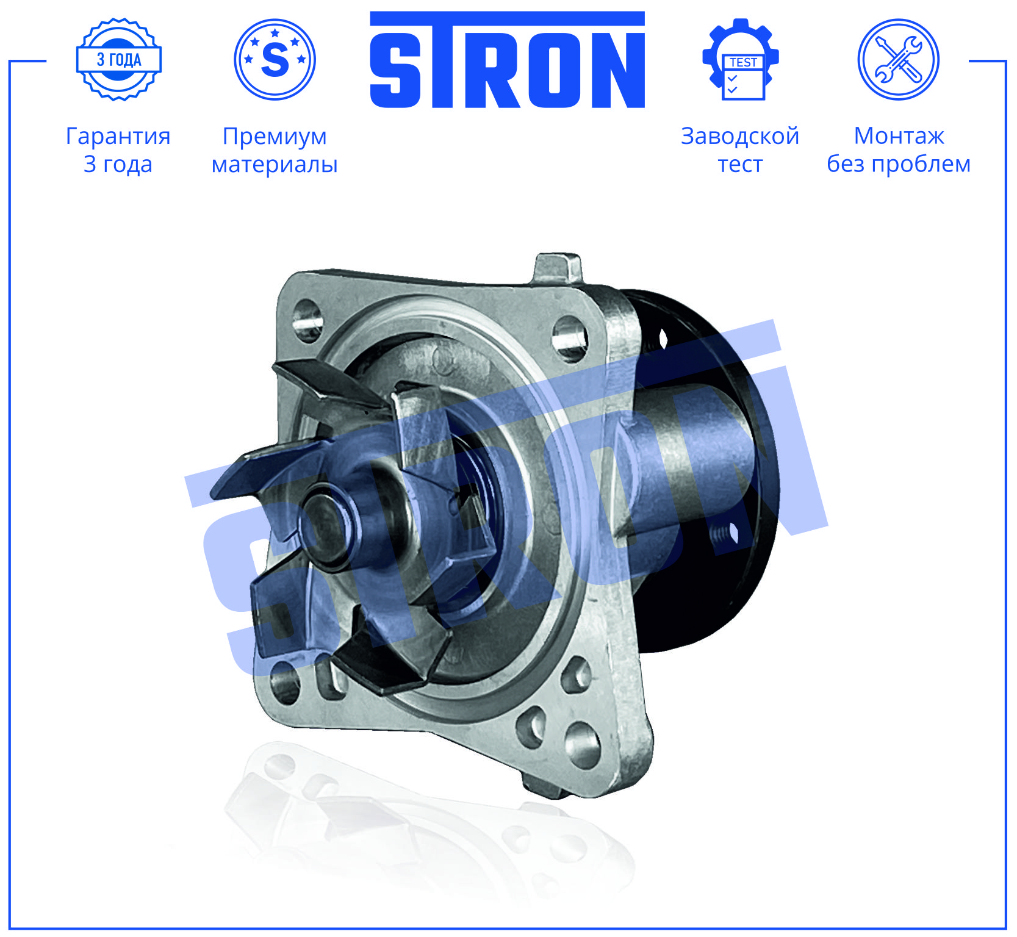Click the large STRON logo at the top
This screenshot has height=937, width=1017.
click(x=508, y=60)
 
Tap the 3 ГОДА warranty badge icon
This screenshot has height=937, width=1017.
click(x=119, y=59)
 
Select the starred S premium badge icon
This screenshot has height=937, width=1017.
click(x=275, y=59)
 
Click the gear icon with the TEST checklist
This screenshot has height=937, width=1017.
click(x=741, y=59)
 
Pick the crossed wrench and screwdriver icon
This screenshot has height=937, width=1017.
click(x=899, y=59)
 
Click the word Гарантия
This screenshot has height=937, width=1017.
click(x=118, y=137)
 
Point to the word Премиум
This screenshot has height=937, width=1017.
click(x=275, y=137)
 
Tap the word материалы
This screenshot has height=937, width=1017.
click(x=275, y=165)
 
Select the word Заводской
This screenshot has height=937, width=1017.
click(x=740, y=136)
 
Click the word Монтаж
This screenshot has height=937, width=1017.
click(x=899, y=136)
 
